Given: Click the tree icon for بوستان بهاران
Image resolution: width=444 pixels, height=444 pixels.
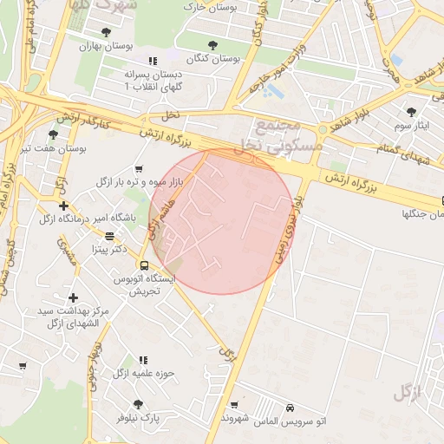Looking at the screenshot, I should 106,33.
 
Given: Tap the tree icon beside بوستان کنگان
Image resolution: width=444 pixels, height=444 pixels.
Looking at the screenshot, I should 213,44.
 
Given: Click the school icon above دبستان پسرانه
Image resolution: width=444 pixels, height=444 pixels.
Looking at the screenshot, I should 153,62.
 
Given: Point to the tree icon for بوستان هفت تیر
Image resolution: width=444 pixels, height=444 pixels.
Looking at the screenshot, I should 54,134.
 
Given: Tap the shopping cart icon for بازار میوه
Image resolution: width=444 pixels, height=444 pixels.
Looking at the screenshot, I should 140,169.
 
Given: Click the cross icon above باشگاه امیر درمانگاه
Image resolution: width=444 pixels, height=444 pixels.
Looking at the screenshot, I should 63,206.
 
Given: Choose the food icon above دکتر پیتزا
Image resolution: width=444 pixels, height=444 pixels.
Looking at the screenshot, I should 109,235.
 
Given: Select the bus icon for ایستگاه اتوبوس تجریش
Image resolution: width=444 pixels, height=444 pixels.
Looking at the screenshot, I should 144,265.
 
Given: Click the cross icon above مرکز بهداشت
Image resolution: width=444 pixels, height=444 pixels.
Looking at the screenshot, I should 73,297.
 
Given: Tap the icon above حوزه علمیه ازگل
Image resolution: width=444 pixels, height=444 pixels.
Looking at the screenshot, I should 144,360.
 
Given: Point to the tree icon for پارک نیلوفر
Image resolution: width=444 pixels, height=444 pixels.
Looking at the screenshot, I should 138,404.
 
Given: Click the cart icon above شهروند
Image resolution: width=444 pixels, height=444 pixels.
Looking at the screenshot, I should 234,405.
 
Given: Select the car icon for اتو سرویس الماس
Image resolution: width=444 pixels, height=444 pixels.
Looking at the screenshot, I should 290,408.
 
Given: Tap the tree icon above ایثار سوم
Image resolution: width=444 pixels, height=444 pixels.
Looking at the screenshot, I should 411,112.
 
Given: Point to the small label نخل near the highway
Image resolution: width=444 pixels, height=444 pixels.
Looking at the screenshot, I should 171,115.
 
